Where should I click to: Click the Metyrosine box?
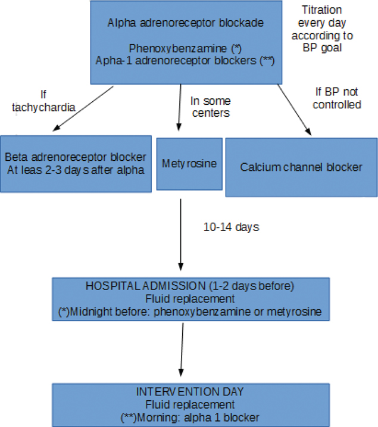[x=189, y=164]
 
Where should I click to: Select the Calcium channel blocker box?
[x=301, y=167]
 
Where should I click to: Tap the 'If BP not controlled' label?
[x=337, y=99]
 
